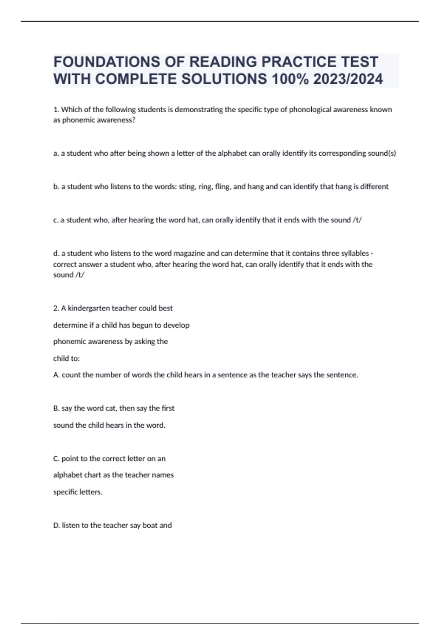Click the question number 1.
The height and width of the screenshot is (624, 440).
(56, 109)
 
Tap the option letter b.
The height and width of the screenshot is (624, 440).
(56, 186)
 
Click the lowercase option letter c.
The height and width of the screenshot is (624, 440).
(55, 220)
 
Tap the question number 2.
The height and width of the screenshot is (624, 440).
(56, 308)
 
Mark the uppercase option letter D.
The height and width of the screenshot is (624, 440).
(56, 525)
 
